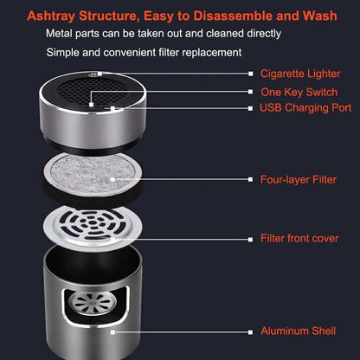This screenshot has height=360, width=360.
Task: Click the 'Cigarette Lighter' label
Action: point(299,75)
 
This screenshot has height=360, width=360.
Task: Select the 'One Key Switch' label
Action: point(299,92)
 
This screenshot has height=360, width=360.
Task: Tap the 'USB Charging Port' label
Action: point(304,108)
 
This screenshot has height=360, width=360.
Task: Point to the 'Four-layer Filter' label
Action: point(299,179)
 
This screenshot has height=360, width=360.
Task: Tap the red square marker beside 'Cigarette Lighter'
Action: point(251,75)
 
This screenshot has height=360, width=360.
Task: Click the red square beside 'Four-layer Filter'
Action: point(251,179)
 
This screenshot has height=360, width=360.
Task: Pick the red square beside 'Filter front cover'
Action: point(251,237)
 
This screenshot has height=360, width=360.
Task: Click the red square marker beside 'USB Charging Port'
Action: point(251,108)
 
